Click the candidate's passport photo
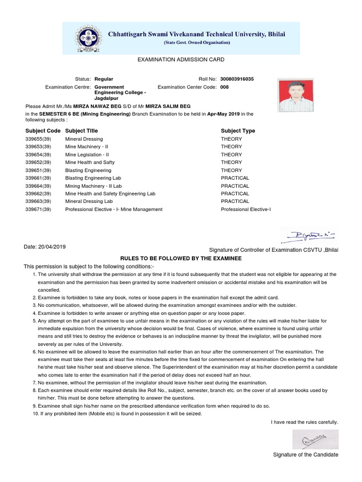coord(289,96)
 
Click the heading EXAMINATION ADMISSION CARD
coord(181,60)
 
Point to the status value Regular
coord(104,79)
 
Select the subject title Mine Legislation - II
coord(87,155)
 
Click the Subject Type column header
coord(238,131)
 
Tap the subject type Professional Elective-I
coord(246,209)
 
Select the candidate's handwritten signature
coord(309,440)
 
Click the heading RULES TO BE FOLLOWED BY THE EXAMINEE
coord(181,259)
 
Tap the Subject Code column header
coord(42,131)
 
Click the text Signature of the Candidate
coord(305,455)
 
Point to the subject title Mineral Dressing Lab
coord(89,201)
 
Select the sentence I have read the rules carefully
coord(304,422)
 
